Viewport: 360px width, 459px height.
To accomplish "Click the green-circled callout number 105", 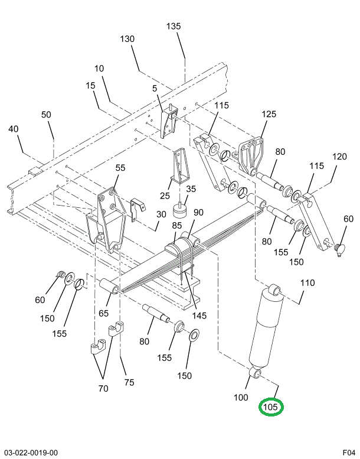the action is pyautogui.click(x=270, y=407).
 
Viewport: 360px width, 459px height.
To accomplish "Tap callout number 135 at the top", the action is pyautogui.click(x=174, y=27).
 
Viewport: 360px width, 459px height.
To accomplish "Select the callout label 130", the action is pyautogui.click(x=127, y=39).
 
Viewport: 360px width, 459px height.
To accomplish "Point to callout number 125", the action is pyautogui.click(x=269, y=114).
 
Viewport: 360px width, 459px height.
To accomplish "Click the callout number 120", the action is pyautogui.click(x=339, y=157).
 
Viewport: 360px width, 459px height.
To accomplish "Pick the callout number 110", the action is pyautogui.click(x=307, y=283).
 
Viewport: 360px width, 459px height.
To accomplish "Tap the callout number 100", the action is pyautogui.click(x=241, y=397).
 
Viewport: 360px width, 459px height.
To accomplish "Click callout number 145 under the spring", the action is pyautogui.click(x=199, y=315).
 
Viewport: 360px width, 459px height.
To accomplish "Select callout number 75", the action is pyautogui.click(x=129, y=382).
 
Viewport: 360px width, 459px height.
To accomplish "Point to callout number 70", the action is pyautogui.click(x=103, y=389).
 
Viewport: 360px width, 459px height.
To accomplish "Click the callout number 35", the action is pyautogui.click(x=191, y=189).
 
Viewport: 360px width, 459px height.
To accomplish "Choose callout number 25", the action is pyautogui.click(x=165, y=196).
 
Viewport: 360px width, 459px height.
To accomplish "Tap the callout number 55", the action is pyautogui.click(x=120, y=168).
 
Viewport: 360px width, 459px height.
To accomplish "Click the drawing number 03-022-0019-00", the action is pyautogui.click(x=31, y=453).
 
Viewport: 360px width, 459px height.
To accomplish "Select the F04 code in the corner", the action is pyautogui.click(x=349, y=453).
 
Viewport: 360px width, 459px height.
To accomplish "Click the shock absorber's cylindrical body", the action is pyautogui.click(x=266, y=327).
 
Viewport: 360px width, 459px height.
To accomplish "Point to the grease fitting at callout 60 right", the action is pyautogui.click(x=340, y=249).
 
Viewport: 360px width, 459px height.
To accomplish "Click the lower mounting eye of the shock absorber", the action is pyautogui.click(x=256, y=374).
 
